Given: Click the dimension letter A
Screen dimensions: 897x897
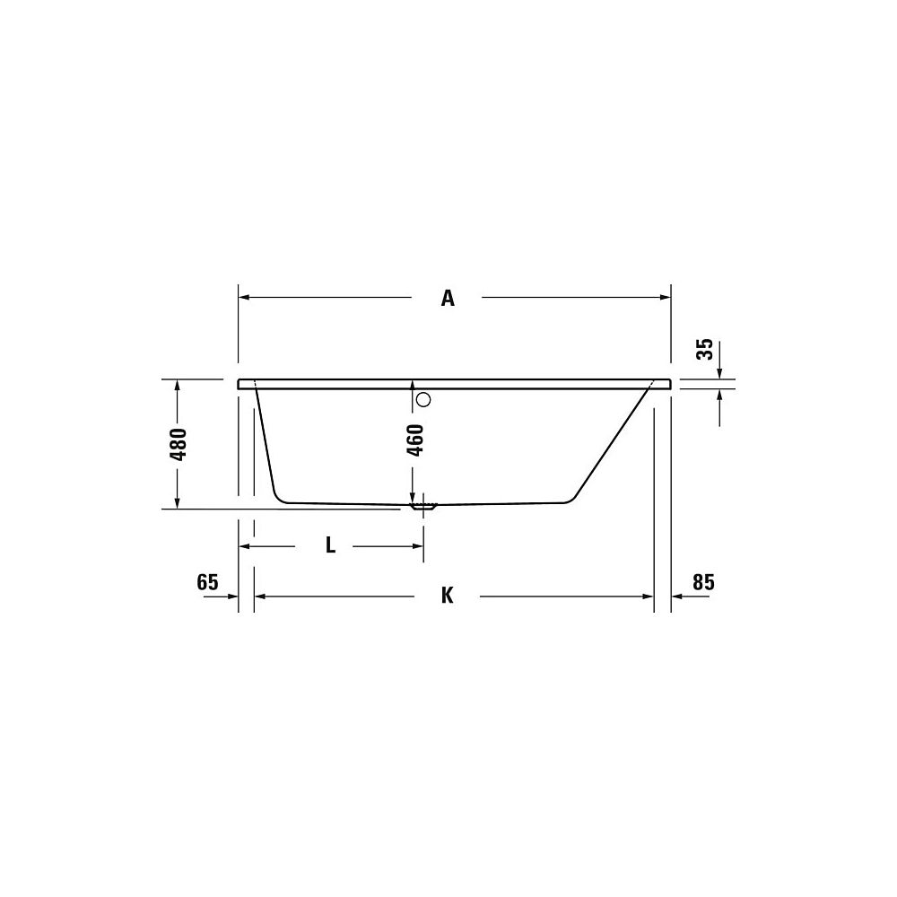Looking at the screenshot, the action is (448, 298).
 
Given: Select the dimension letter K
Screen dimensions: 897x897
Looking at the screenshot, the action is (448, 597).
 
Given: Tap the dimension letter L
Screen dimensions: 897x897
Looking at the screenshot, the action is (330, 545).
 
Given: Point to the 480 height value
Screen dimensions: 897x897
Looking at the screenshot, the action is (179, 444).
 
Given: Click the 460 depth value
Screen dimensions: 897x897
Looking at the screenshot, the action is (416, 440).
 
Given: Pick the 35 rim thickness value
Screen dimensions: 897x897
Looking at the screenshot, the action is (705, 349).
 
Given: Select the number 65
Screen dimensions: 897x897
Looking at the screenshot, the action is (208, 582).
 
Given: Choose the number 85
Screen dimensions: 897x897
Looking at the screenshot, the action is (703, 582).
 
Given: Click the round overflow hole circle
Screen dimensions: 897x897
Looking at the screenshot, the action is (423, 399).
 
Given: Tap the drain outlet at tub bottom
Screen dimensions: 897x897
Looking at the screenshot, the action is (423, 506).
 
